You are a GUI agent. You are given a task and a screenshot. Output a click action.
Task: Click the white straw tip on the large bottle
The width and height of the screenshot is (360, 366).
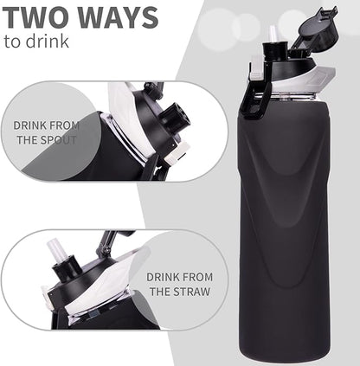(274, 35)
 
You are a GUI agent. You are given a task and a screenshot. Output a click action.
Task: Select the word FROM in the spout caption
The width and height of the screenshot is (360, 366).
(67, 125)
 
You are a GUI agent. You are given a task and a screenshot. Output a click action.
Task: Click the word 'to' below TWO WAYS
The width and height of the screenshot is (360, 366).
(12, 41)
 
